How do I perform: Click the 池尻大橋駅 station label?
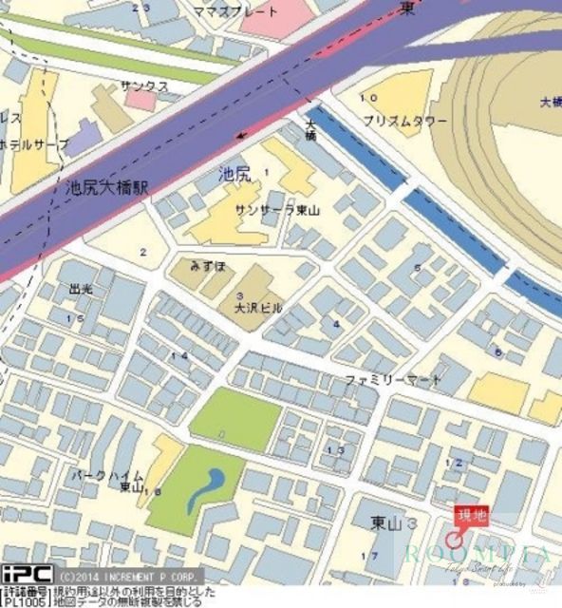(107, 187)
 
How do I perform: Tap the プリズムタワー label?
(405, 121)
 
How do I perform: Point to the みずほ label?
(207, 267)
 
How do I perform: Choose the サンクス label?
(144, 86)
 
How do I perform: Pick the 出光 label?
(82, 288)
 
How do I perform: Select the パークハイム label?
(107, 474)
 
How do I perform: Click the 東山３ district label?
(394, 523)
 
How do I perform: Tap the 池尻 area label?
(234, 173)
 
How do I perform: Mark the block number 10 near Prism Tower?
(368, 98)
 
